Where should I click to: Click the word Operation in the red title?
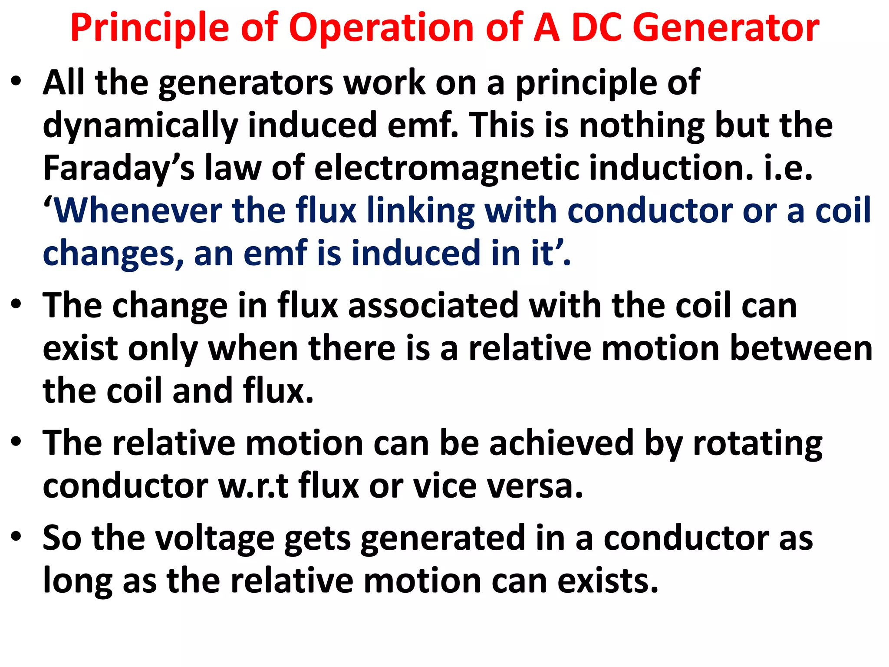tap(382, 29)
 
